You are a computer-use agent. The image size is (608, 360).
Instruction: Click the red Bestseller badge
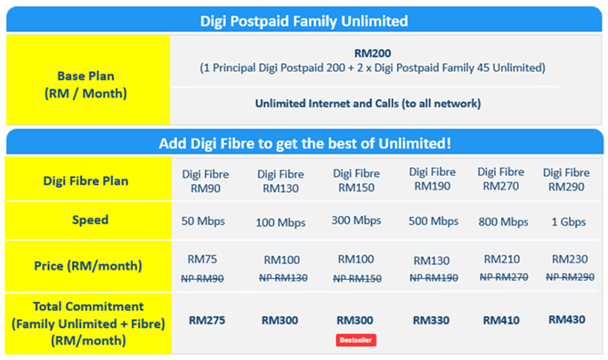click(x=356, y=340)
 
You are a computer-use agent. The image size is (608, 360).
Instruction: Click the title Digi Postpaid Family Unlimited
click(x=304, y=21)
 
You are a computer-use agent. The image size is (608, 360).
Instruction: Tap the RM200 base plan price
click(x=372, y=53)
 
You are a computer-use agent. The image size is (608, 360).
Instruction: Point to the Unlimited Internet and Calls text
click(x=367, y=103)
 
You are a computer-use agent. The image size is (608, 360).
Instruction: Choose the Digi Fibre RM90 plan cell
click(x=206, y=181)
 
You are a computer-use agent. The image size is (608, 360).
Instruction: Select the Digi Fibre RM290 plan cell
click(x=566, y=180)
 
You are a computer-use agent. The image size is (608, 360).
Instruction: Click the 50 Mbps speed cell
click(x=203, y=221)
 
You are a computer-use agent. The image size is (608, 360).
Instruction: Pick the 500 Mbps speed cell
click(x=433, y=221)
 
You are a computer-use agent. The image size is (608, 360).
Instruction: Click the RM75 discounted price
click(x=202, y=260)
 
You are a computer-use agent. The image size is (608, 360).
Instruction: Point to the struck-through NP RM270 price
click(x=503, y=277)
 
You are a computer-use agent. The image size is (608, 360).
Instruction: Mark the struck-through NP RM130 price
click(x=283, y=277)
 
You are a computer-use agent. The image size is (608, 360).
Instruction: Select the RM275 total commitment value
click(x=207, y=321)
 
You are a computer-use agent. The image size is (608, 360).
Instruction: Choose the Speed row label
click(x=90, y=220)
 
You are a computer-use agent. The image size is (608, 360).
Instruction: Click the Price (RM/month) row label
click(x=88, y=266)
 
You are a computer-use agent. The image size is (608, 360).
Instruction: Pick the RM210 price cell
click(x=502, y=259)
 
